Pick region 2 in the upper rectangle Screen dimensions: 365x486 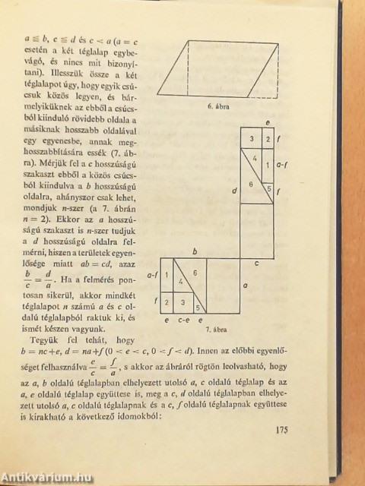[x=267, y=138]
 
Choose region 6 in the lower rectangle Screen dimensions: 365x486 [x=195, y=273]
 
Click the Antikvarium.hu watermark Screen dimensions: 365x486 [x=47, y=476]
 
